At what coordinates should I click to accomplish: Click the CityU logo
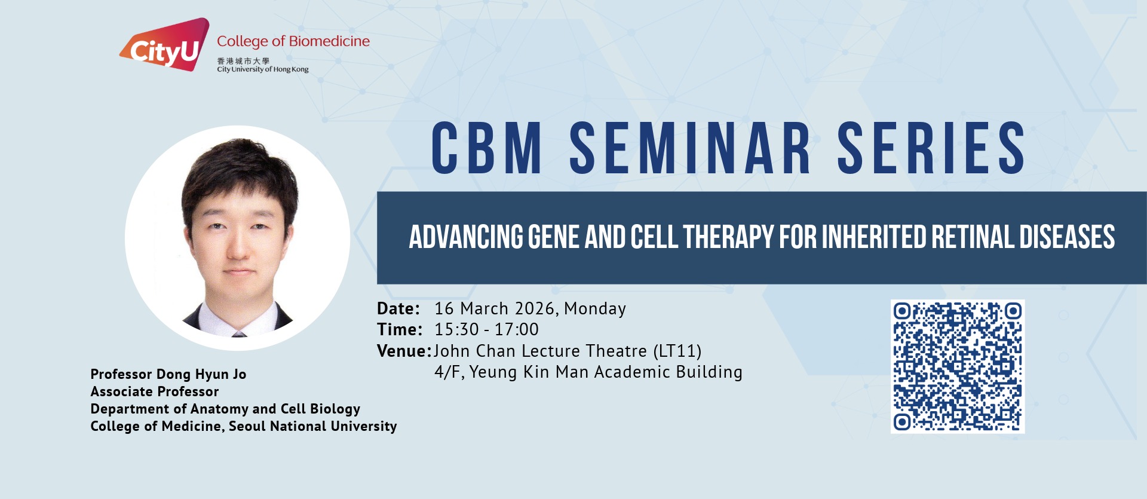click(164, 45)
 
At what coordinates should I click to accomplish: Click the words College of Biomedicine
click(293, 41)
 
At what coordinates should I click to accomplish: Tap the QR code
click(958, 366)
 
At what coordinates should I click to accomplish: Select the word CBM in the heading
click(487, 148)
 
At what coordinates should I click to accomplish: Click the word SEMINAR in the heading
click(690, 148)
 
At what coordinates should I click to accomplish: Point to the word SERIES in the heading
click(931, 148)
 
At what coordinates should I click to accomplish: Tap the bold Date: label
click(398, 309)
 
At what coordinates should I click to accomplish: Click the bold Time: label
click(400, 329)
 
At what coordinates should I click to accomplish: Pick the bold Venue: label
click(404, 351)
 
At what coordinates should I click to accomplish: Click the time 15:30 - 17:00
click(486, 329)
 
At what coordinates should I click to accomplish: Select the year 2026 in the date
click(535, 309)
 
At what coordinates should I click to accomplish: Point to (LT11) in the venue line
click(677, 351)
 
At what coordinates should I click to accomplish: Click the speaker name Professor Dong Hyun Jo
click(168, 375)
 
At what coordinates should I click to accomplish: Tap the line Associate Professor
click(155, 391)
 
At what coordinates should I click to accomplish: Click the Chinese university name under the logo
click(243, 61)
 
